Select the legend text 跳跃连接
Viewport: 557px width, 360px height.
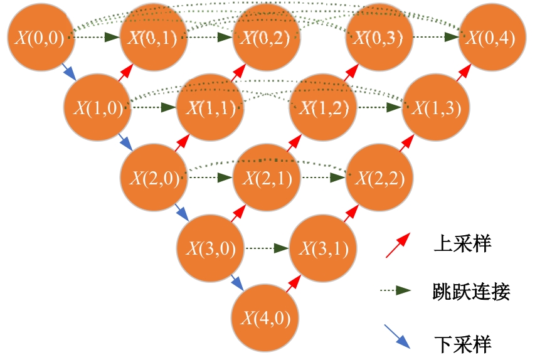[x=471, y=291]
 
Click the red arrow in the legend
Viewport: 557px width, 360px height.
[x=398, y=245]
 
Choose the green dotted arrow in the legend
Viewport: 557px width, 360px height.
[x=395, y=290]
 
